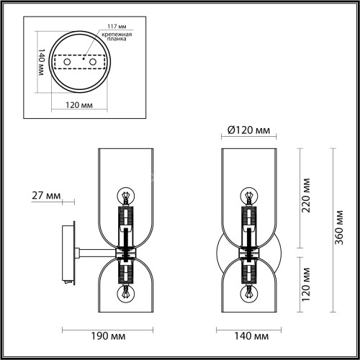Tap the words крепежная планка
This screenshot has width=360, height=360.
click(x=116, y=37)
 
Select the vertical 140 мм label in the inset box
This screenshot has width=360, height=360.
click(x=41, y=64)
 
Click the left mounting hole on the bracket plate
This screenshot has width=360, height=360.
click(x=67, y=63)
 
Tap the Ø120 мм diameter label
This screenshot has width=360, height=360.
click(x=248, y=130)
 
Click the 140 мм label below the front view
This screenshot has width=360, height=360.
click(x=248, y=336)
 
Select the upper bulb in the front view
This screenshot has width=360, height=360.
click(x=249, y=195)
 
